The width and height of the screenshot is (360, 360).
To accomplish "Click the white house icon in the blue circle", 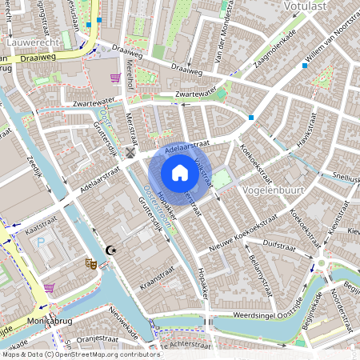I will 180,173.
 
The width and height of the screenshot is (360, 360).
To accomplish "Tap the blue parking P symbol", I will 40,242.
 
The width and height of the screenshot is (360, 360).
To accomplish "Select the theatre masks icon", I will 90,262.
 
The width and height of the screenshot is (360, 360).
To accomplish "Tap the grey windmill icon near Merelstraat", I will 130,153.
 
